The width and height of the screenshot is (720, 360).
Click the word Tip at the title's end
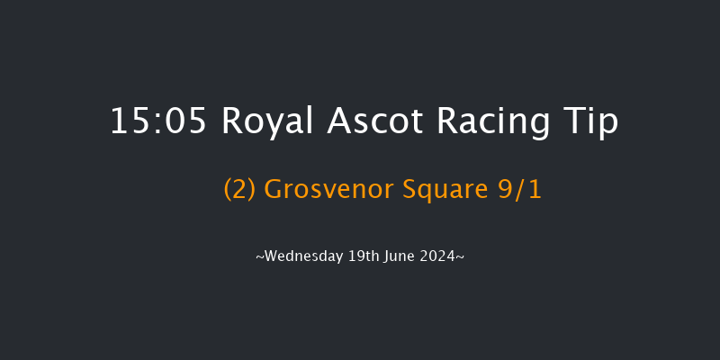593,121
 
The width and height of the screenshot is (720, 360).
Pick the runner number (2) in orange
239,191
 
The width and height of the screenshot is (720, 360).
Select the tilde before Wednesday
259,257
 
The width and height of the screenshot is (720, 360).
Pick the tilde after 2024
461,257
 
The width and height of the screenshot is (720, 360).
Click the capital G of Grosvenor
274,191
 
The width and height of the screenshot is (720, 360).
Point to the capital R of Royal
230,121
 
